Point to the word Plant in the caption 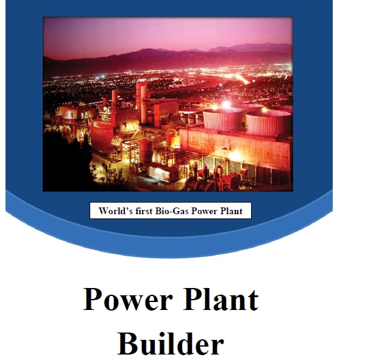(x=231, y=211)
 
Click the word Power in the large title (x=127, y=299)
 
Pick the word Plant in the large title (x=221, y=299)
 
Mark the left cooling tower (x=222, y=120)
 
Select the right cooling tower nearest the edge (x=269, y=124)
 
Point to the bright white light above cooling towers (x=226, y=104)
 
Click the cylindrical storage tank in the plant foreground (x=146, y=152)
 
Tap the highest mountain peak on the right (x=266, y=45)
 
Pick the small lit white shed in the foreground (x=163, y=172)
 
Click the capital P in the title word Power (x=93, y=298)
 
